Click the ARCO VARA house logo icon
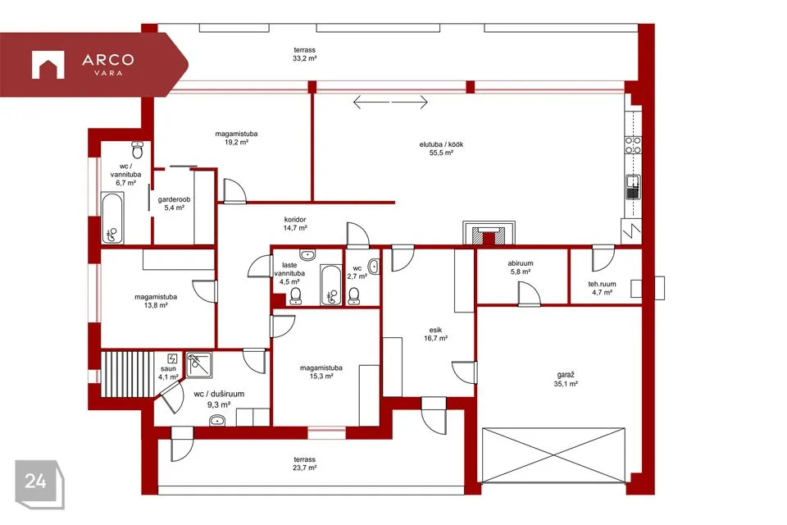pyautogui.click(x=48, y=65)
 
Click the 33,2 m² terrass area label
pyautogui.click(x=305, y=54)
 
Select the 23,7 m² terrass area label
pyautogui.click(x=305, y=463)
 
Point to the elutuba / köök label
pyautogui.click(x=441, y=144)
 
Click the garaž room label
pyautogui.click(x=566, y=375)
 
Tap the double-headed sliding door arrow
pyautogui.click(x=390, y=102)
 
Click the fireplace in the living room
pyautogui.click(x=489, y=233)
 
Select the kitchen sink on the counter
pyautogui.click(x=633, y=187)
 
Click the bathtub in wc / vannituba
pyautogui.click(x=112, y=218)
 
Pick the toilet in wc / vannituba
pyautogui.click(x=138, y=150)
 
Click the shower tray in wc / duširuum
pyautogui.click(x=199, y=365)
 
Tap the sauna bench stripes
pyautogui.click(x=127, y=374)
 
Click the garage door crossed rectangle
pyautogui.click(x=553, y=455)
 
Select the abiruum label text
pyautogui.click(x=521, y=263)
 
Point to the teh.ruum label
pyautogui.click(x=602, y=285)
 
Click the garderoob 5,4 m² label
pyautogui.click(x=174, y=203)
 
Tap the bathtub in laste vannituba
pyautogui.click(x=330, y=285)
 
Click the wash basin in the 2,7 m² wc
pyautogui.click(x=374, y=267)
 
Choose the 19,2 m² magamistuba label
pyautogui.click(x=236, y=138)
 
